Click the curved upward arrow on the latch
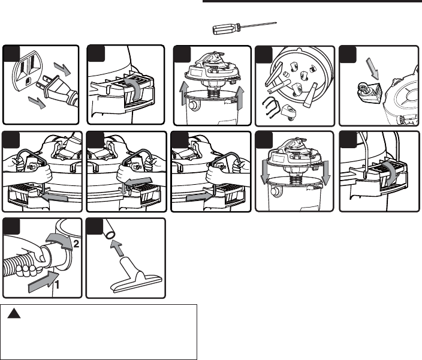coord(138,84)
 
